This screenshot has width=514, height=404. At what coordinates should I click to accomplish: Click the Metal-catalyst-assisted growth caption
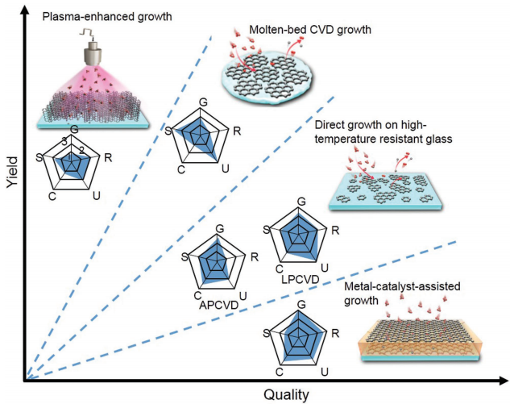coord(390,294)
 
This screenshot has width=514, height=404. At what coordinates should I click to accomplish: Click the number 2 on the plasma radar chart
coord(81,148)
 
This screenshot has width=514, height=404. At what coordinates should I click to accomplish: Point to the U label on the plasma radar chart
coord(97,194)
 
